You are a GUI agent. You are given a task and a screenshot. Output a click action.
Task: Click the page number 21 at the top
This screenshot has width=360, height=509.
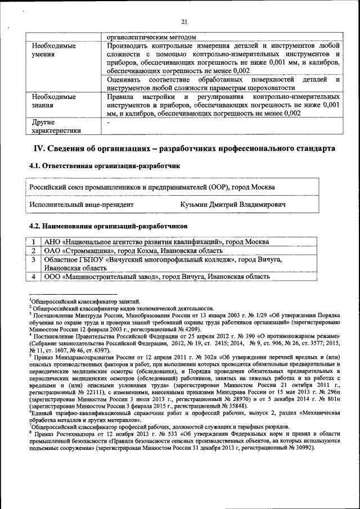tap(183, 22)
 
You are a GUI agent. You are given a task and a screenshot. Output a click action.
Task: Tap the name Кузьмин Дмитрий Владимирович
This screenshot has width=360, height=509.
tap(233, 205)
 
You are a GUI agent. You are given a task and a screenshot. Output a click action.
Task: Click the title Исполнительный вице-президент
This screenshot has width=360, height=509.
tap(82, 205)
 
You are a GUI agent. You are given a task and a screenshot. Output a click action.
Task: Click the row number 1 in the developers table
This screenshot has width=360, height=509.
tap(34, 241)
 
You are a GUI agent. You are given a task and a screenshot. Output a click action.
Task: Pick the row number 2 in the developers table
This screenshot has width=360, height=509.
tap(34, 250)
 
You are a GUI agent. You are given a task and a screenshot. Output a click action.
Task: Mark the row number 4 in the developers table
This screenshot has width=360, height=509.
tap(34, 277)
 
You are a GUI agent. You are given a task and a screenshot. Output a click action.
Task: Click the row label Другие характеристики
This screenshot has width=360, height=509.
tap(56, 126)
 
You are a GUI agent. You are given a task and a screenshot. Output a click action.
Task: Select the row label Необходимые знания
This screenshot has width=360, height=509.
tap(54, 101)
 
